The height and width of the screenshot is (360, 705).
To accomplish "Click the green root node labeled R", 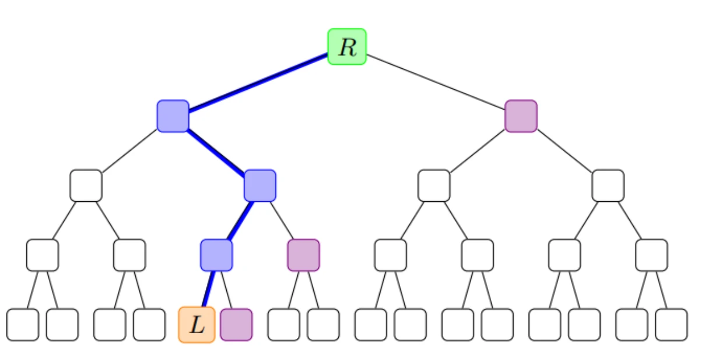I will [347, 47].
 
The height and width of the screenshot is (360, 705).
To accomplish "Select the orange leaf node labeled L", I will [197, 325].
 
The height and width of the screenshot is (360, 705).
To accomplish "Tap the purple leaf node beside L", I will [236, 324].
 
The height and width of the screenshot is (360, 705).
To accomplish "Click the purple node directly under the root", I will [521, 116].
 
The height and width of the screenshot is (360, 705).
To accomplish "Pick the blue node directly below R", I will [173, 116].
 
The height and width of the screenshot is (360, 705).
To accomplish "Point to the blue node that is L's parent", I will [216, 255].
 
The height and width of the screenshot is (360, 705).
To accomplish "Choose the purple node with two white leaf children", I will [303, 255].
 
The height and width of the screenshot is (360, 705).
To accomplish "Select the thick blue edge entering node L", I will [208, 289].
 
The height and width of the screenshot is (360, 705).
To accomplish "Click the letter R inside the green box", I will [348, 47].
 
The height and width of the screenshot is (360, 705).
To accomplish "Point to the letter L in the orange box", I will [198, 326].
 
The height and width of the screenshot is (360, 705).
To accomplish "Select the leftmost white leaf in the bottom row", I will [23, 325].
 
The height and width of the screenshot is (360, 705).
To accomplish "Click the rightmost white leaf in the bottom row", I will [671, 325].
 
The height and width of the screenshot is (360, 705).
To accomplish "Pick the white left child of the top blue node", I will [86, 186].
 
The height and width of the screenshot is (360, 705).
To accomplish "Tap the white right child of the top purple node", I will [608, 186].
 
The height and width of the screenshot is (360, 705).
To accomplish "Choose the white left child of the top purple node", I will [434, 186].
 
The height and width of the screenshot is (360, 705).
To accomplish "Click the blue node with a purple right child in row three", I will [260, 186].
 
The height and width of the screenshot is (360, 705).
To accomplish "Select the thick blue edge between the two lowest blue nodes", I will [238, 221].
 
